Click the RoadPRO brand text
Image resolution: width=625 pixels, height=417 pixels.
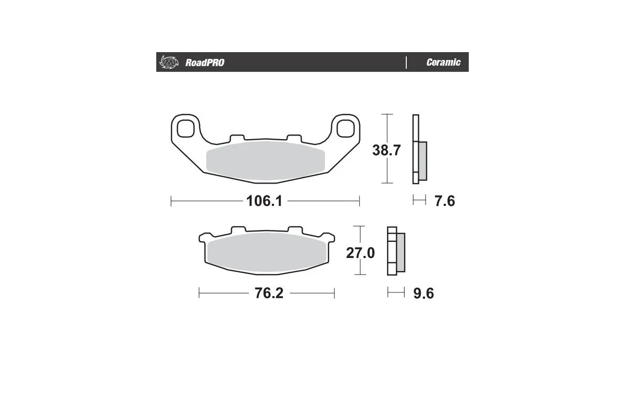tap(205, 63)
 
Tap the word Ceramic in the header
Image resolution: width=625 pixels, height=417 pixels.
tap(443, 63)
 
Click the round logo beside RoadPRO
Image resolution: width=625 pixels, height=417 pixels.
tap(168, 62)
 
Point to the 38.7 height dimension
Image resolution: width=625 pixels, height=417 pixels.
tap(386, 150)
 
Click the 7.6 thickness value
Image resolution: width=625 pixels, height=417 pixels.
tap(444, 201)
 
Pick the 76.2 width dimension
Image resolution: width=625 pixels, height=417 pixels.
tap(268, 293)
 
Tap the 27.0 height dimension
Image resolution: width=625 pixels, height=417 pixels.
tap(360, 253)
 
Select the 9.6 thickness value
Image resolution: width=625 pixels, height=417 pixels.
tap(423, 294)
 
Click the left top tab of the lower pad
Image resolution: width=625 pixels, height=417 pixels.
tap(239, 230)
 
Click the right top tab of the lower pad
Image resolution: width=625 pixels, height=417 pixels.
tap(295, 230)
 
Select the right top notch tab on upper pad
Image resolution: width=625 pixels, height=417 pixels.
tap(294, 137)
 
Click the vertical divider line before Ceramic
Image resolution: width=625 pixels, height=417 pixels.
tap(406, 62)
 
